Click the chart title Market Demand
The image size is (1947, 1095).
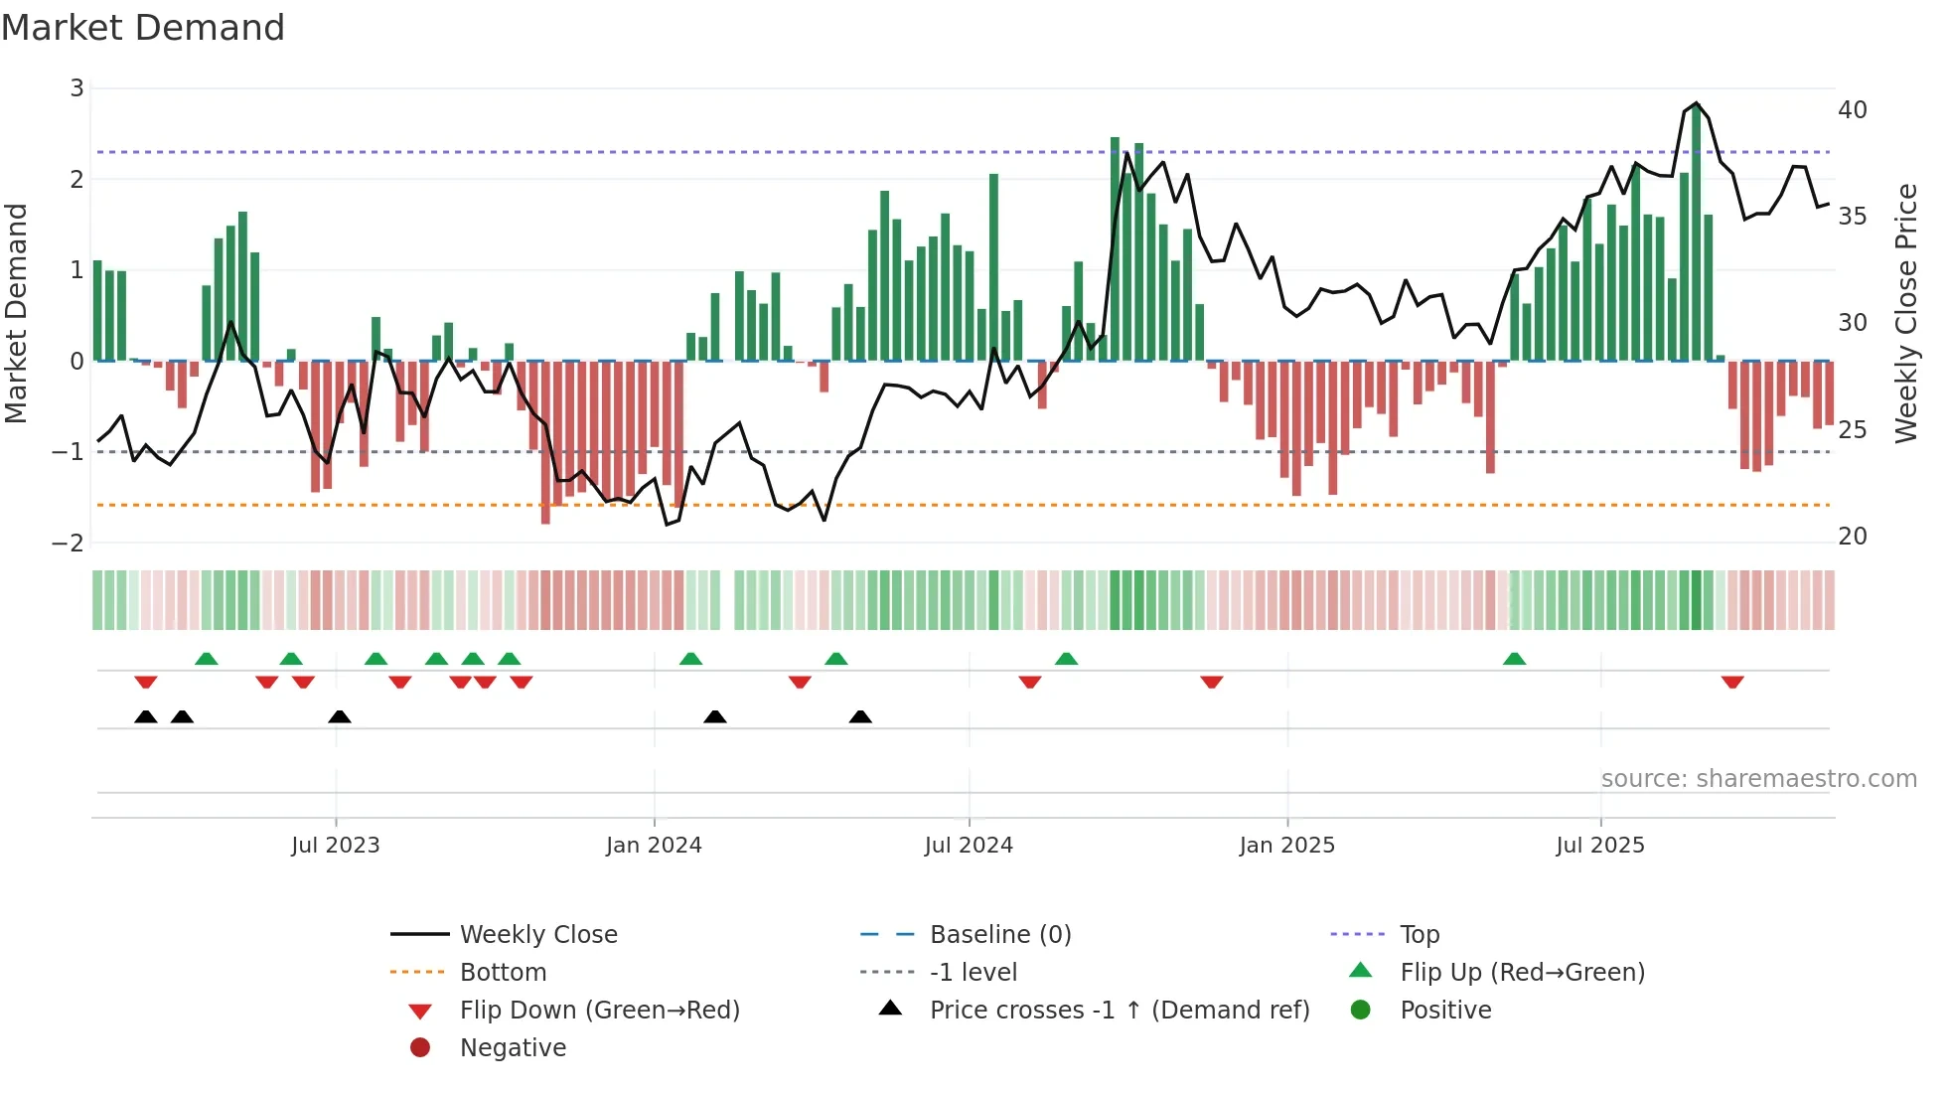click(x=143, y=28)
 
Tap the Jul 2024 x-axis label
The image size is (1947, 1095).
click(x=969, y=846)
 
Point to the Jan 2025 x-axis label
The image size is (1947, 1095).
click(x=1287, y=846)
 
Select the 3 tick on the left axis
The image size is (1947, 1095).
click(x=76, y=88)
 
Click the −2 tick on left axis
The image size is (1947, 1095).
click(x=69, y=544)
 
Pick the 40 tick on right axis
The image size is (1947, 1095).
click(x=1853, y=110)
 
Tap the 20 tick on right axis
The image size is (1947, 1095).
click(x=1853, y=537)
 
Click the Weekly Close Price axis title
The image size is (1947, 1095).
click(x=1905, y=313)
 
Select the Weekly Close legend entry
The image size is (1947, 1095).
click(x=538, y=935)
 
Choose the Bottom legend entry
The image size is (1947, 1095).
click(x=503, y=973)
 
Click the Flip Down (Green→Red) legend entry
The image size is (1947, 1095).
click(x=599, y=1011)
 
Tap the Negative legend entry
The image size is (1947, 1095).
click(x=513, y=1048)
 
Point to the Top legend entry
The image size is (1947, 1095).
click(x=1420, y=935)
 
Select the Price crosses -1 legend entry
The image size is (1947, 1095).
click(x=1119, y=1011)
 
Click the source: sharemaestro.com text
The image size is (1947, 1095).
click(x=1758, y=779)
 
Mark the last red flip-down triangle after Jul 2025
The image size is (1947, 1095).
click(x=1732, y=682)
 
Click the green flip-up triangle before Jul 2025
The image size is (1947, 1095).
click(x=1514, y=659)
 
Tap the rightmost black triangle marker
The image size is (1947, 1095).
click(x=860, y=717)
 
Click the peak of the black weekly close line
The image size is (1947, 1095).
click(x=1696, y=103)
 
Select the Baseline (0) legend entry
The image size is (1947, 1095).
click(x=999, y=935)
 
